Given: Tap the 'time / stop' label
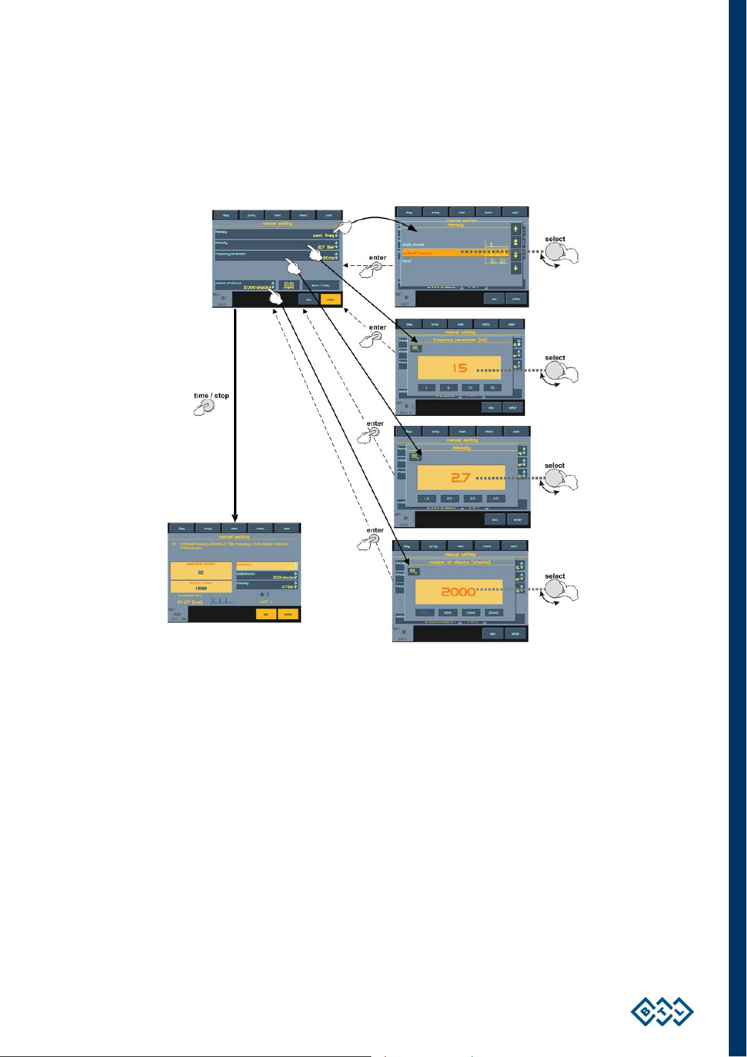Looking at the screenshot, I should click(211, 396).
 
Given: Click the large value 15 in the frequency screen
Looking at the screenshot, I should click(460, 368).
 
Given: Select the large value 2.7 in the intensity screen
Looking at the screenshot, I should click(460, 478).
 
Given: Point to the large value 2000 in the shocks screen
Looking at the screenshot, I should click(458, 592).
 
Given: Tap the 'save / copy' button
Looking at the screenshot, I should click(321, 285).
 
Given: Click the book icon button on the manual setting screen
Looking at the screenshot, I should click(289, 285).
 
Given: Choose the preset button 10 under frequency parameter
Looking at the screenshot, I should click(470, 388).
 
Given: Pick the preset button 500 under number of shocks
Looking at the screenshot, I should click(447, 612).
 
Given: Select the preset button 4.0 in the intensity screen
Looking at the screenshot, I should click(495, 499).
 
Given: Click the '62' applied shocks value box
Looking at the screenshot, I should click(201, 572).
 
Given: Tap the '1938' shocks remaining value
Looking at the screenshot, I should click(201, 588).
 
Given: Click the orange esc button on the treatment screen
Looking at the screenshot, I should click(266, 614).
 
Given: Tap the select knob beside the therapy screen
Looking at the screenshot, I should click(555, 252).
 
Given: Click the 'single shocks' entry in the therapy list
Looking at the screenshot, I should click(414, 245).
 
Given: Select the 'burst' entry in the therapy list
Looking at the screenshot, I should click(408, 261).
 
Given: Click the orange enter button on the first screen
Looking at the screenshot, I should click(331, 299).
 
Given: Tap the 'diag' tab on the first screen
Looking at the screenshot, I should click(226, 215).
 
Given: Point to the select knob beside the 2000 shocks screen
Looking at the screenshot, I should click(555, 589).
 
